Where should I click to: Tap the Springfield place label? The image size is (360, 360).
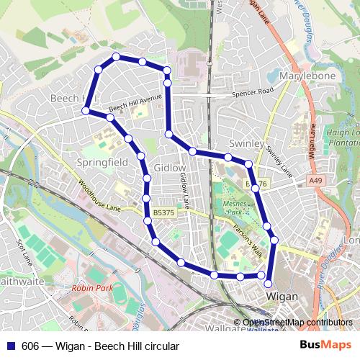[102, 163]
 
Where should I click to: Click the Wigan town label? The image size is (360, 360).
[282, 296]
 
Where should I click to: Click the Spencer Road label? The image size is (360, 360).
[253, 92]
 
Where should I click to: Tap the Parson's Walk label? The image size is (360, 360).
[249, 240]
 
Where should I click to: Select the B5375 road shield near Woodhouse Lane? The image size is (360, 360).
[163, 213]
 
